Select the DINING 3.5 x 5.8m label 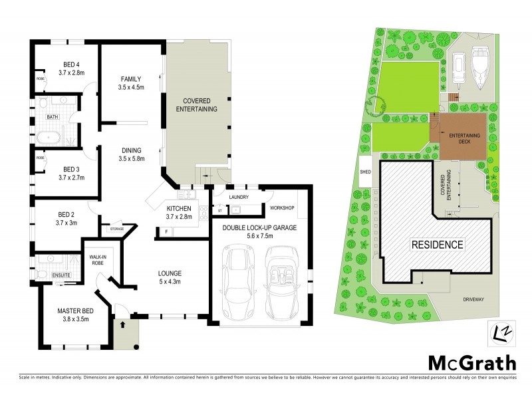point(130,154)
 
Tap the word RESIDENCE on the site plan point(436,244)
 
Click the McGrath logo point(471,363)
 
